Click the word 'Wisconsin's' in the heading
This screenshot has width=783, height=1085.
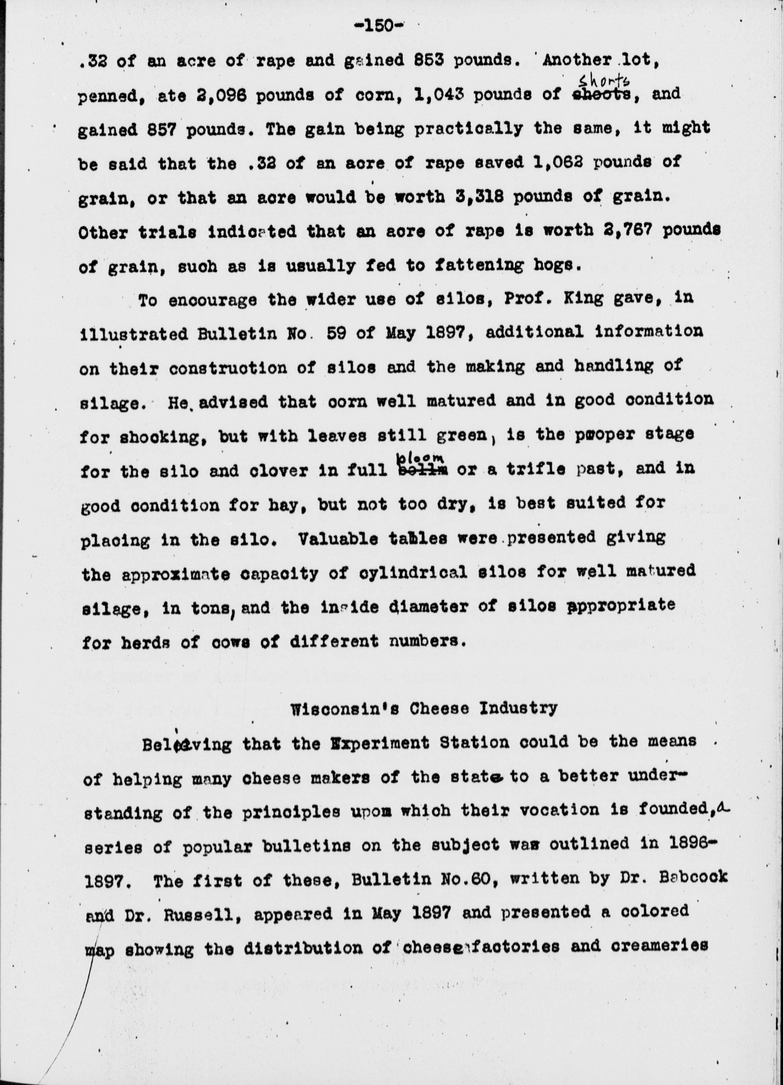[347, 708]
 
